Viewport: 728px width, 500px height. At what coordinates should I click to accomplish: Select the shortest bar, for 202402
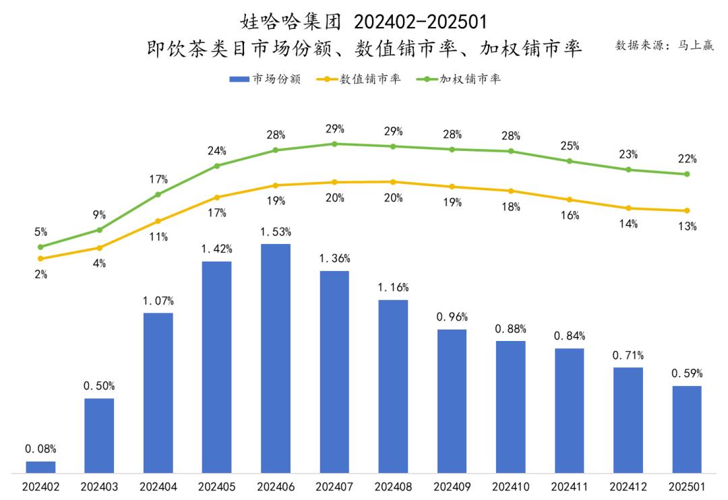tap(40, 466)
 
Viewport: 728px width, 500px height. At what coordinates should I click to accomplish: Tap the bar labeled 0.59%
tap(686, 429)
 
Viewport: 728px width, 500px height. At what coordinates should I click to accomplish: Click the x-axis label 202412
tap(628, 487)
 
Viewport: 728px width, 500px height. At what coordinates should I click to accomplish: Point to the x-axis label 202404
tap(158, 487)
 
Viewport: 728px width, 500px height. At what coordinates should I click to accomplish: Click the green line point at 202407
tap(334, 144)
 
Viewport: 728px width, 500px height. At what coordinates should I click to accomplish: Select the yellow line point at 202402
tap(40, 258)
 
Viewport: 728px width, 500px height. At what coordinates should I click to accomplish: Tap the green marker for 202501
tap(686, 174)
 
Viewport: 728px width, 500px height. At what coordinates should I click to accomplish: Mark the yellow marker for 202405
tap(217, 197)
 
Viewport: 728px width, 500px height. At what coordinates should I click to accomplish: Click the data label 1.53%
tap(276, 232)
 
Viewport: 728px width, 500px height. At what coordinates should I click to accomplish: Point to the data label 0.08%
tap(40, 449)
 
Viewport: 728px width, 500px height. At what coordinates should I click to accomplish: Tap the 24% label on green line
tap(217, 150)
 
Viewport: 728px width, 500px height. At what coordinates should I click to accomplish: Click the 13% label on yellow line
tap(687, 226)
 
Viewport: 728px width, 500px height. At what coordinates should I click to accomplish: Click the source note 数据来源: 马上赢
tap(664, 45)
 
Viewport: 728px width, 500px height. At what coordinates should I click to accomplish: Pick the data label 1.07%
tap(158, 301)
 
